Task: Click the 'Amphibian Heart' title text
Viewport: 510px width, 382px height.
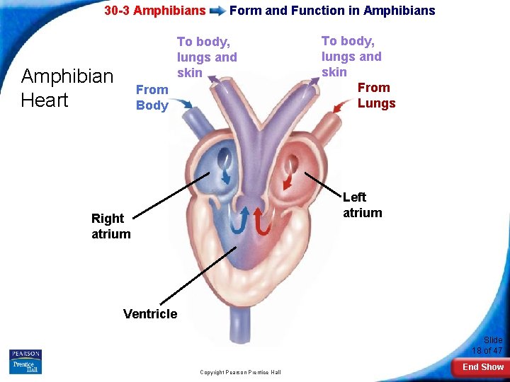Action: point(67,88)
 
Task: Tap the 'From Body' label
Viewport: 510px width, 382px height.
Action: point(152,98)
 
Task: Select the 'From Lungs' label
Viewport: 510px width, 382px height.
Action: point(376,95)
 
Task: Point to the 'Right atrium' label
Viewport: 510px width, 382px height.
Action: point(111,226)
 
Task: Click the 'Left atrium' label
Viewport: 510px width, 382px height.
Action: point(362,205)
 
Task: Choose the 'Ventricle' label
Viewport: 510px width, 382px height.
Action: point(150,313)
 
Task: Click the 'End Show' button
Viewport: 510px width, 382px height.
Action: point(482,367)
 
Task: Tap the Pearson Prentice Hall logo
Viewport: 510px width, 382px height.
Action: point(25,361)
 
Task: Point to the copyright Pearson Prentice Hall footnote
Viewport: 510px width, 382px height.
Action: point(240,372)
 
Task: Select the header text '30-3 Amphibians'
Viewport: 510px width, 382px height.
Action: point(154,11)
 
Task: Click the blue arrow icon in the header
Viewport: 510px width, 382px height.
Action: point(217,11)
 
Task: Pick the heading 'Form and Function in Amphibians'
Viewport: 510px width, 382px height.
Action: point(332,11)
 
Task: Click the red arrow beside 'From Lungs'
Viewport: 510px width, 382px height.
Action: point(342,106)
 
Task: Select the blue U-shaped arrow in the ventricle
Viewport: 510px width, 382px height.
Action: point(241,220)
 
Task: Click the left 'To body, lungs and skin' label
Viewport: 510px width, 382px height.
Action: point(207,57)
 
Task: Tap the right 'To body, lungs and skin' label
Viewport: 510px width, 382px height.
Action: point(351,57)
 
